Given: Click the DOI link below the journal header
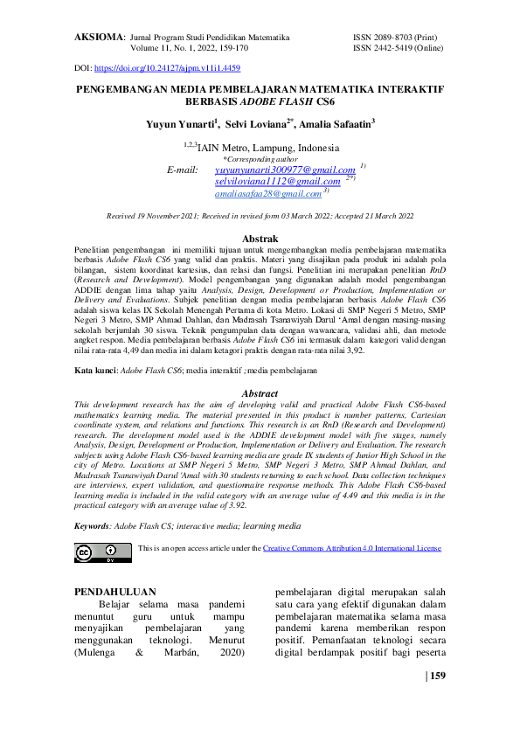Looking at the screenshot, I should [x=167, y=67].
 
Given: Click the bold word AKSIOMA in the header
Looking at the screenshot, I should [x=100, y=38].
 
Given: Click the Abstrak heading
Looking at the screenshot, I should [x=260, y=239].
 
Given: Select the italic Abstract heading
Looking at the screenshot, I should [x=260, y=394].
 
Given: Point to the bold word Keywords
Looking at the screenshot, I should [x=92, y=526].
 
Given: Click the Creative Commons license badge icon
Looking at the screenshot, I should [x=98, y=552].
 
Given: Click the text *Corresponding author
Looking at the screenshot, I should [x=260, y=158].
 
